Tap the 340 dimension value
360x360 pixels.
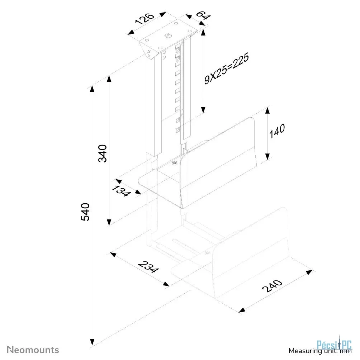[x=103, y=153]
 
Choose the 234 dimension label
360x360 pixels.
[x=148, y=266]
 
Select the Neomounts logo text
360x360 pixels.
[x=33, y=349]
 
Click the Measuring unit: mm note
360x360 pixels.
[x=320, y=351]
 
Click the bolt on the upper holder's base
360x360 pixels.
[x=174, y=163]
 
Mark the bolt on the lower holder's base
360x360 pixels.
[x=208, y=253]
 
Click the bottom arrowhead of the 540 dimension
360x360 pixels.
[x=93, y=340]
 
